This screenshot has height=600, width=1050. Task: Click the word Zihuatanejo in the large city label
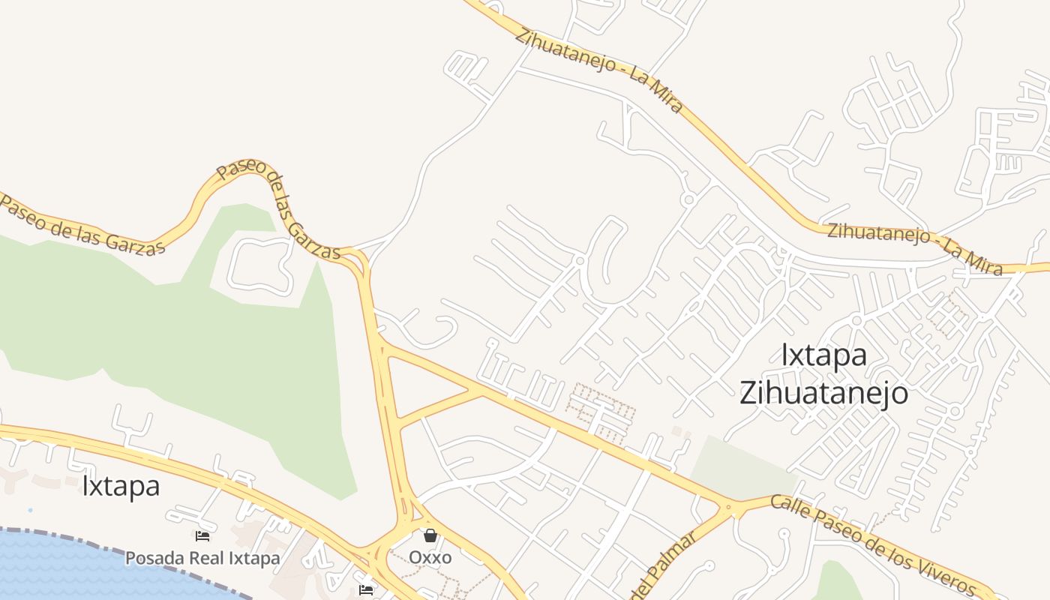pos(823,393)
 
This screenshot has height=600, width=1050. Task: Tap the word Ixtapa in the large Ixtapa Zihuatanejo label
pos(823,355)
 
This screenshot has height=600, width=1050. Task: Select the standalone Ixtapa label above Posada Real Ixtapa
pos(121,486)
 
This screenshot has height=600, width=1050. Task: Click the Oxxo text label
pos(430,558)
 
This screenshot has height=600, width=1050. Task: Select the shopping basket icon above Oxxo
pos(430,535)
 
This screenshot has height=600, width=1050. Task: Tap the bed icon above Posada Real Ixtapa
pos(202,535)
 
